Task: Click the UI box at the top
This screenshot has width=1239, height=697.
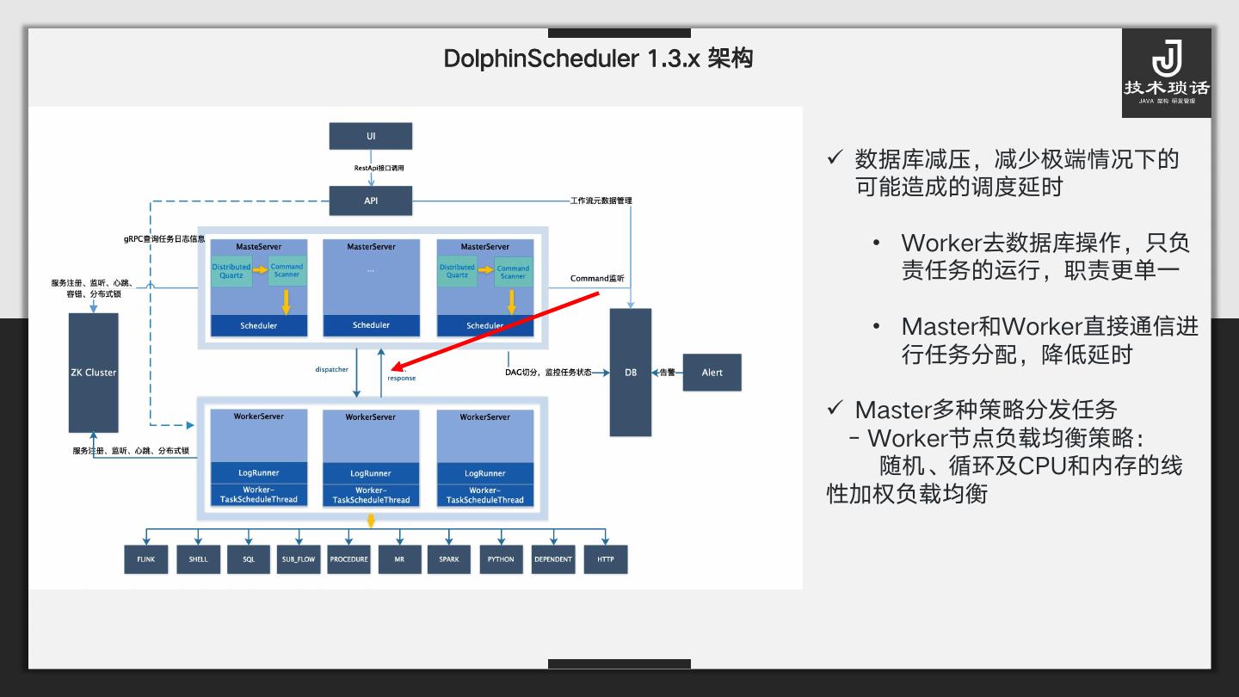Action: tap(371, 136)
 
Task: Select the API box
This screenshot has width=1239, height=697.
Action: tap(371, 200)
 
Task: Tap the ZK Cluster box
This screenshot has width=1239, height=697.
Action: tap(93, 373)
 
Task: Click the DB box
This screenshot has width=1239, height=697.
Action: tap(631, 373)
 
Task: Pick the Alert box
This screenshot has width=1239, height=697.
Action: tap(712, 373)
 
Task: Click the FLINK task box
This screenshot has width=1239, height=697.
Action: tap(145, 559)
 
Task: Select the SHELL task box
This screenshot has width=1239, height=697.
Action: tap(198, 559)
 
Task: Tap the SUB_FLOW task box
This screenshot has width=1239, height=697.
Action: tap(299, 559)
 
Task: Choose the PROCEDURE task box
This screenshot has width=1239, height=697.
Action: tap(348, 559)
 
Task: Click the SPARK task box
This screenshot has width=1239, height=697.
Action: tap(449, 559)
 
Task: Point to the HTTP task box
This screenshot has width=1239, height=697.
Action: tap(606, 559)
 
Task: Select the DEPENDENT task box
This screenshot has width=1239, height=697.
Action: tap(553, 559)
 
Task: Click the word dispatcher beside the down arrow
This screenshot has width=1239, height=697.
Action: tap(331, 369)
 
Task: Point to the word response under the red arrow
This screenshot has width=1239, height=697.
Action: tap(401, 378)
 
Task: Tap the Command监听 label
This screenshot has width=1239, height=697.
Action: tap(597, 279)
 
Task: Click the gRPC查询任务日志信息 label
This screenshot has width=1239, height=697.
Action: tap(164, 238)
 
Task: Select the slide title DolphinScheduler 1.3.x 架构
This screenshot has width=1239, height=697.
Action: tap(598, 59)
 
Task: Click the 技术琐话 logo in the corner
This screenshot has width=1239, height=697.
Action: tap(1166, 73)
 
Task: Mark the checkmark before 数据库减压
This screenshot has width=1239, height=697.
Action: tap(834, 157)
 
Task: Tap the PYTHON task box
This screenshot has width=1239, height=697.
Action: tap(501, 559)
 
